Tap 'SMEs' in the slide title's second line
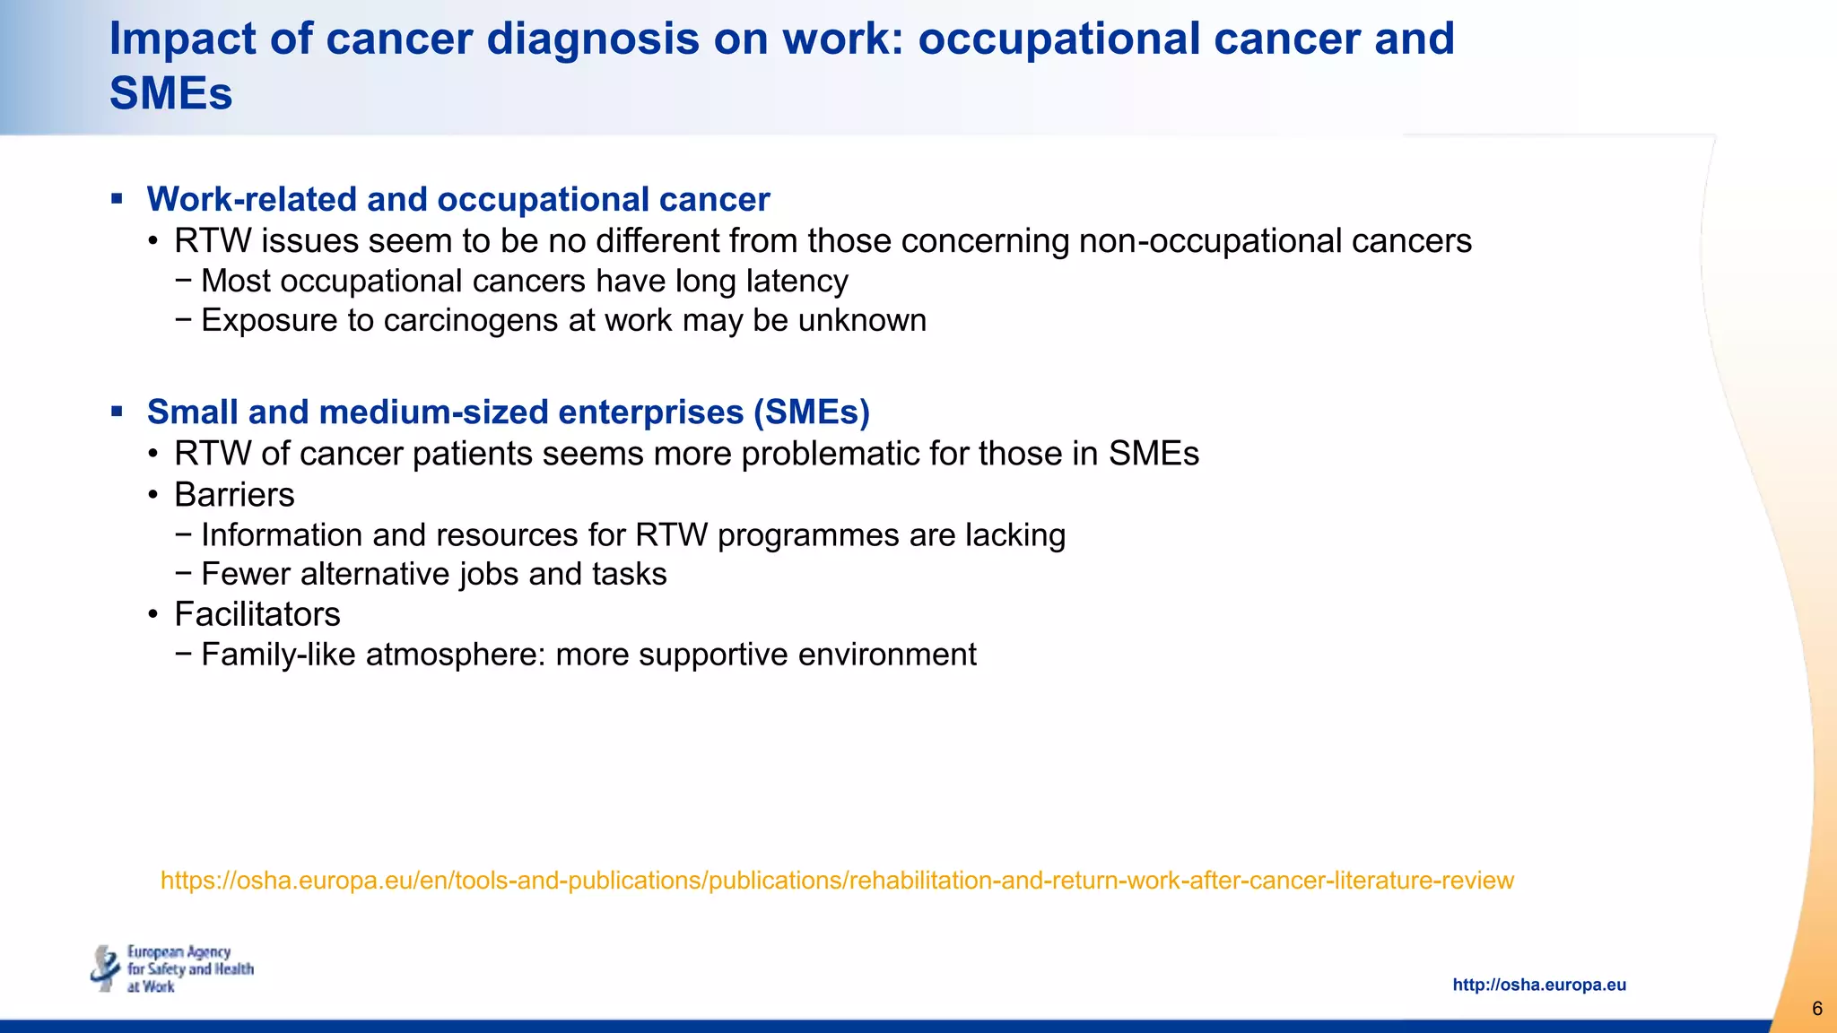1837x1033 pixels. tap(170, 94)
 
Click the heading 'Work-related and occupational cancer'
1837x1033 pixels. tap(457, 199)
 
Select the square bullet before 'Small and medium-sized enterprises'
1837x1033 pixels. tap(117, 412)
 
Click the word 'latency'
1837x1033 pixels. tap(797, 282)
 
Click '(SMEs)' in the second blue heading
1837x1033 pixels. tap(812, 412)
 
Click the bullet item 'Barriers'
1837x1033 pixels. tap(234, 495)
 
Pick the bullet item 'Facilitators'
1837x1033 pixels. tap(257, 614)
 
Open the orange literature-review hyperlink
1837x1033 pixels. tap(837, 881)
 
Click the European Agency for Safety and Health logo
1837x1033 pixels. tap(172, 968)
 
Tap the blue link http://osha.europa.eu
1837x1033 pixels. tap(1538, 985)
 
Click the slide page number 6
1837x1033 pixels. tap(1816, 1009)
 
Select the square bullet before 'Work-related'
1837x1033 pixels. tap(117, 199)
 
